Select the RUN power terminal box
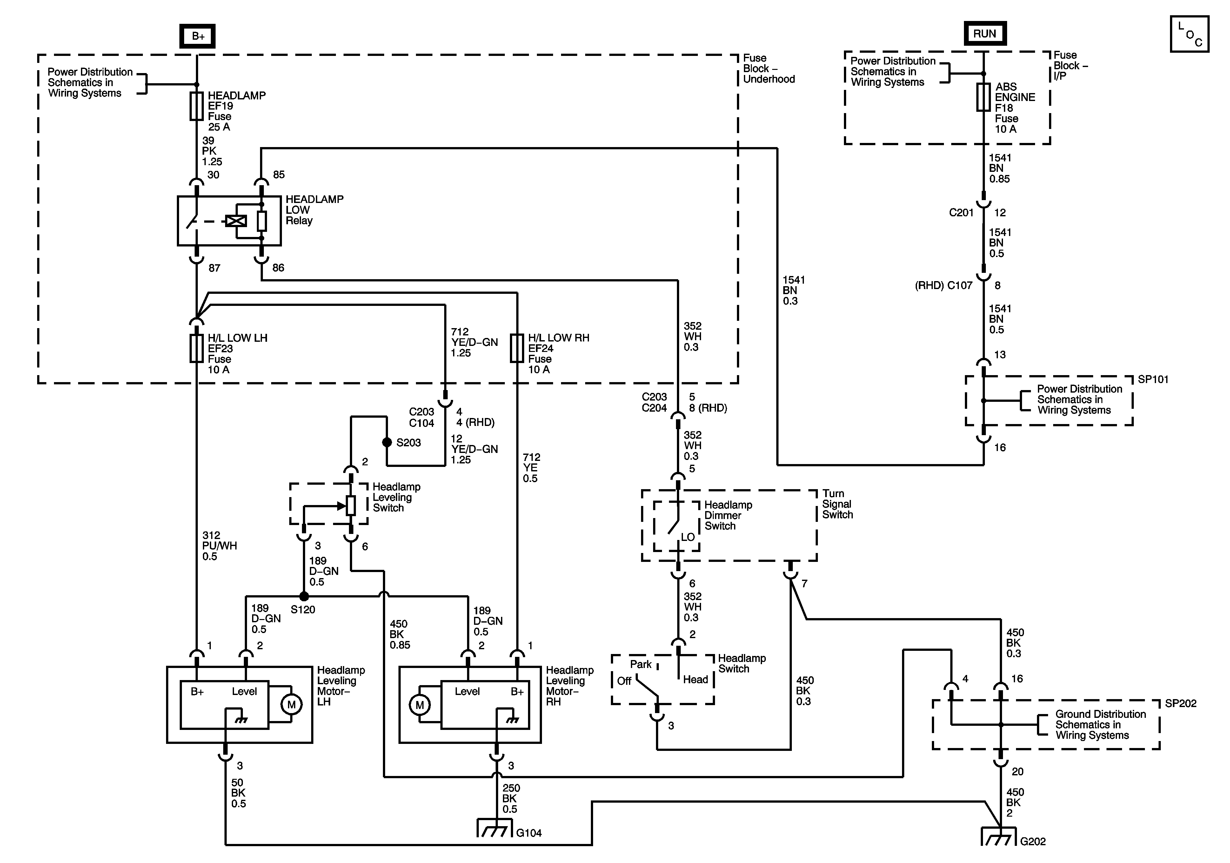985,34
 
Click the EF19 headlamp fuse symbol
197,105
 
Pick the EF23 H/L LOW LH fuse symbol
197,348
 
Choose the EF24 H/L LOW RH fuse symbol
517,348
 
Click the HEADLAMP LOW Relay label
314,210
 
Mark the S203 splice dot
387,442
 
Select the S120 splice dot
304,597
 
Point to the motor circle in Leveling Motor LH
291,704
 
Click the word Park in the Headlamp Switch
641,664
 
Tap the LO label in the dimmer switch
688,537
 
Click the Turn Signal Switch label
837,504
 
